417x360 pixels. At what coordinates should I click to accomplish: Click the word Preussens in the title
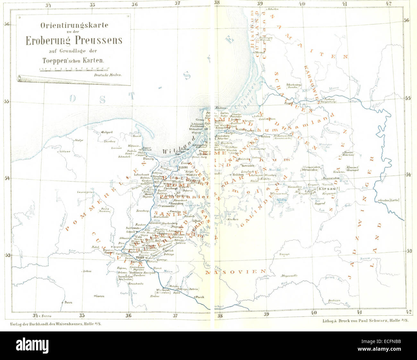(x=98, y=40)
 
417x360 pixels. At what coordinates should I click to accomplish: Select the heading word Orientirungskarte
(x=74, y=25)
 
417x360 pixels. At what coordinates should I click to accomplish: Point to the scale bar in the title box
(x=74, y=69)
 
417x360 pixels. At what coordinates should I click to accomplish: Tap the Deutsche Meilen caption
(x=108, y=75)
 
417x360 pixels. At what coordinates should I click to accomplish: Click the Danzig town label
(x=148, y=159)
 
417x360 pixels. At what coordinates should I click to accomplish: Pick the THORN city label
(x=140, y=258)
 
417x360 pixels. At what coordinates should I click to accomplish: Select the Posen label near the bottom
(x=68, y=303)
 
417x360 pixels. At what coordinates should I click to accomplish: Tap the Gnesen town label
(x=99, y=296)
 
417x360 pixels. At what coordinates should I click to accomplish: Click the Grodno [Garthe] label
(x=389, y=200)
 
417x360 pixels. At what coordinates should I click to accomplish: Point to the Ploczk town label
(x=200, y=297)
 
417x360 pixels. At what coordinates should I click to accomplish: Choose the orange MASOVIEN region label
(x=236, y=272)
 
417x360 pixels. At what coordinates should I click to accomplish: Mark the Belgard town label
(x=107, y=132)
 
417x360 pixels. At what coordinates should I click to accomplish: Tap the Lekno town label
(x=87, y=271)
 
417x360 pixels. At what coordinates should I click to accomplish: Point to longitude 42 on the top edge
(x=388, y=4)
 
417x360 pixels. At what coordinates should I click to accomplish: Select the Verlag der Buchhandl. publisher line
(x=54, y=324)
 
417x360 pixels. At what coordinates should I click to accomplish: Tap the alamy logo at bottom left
(x=32, y=346)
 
